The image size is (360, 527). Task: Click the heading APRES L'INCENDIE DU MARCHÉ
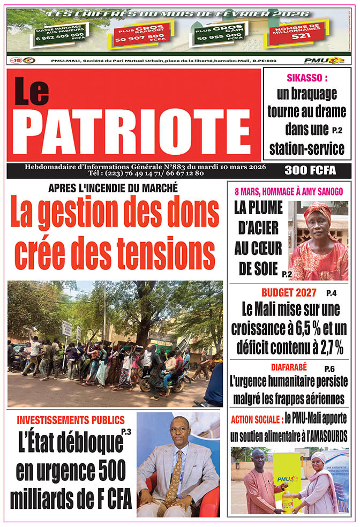pyautogui.click(x=113, y=188)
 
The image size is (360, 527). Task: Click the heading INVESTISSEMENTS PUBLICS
pyautogui.click(x=71, y=420)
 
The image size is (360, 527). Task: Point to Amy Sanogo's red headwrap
pyautogui.click(x=318, y=213)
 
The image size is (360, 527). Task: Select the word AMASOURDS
pyautogui.click(x=320, y=437)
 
